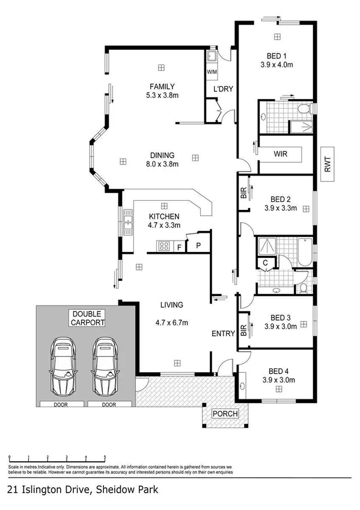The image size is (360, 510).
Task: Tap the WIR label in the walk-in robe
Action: [x=280, y=155]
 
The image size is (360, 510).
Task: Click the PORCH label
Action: [x=225, y=414]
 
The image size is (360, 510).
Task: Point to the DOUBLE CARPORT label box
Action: [x=88, y=318]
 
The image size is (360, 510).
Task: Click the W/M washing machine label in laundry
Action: [x=212, y=72]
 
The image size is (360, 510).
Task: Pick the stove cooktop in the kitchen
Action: [x=163, y=245]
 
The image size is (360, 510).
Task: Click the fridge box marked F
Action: [x=179, y=246]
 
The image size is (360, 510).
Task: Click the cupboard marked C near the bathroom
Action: [x=264, y=262]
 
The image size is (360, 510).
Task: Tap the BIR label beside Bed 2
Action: [x=243, y=193]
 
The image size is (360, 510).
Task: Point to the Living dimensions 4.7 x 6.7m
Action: [x=171, y=323]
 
